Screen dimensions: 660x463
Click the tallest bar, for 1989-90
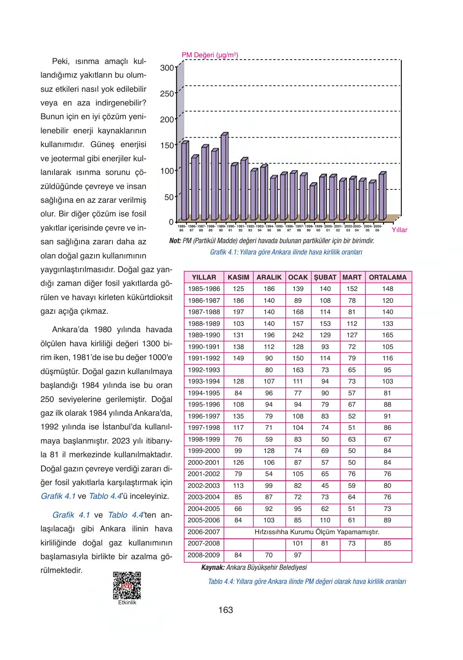coord(224,177)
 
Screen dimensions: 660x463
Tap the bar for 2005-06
coord(382,196)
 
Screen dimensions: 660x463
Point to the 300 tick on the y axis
coord(167,68)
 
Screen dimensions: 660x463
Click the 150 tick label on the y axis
coord(167,145)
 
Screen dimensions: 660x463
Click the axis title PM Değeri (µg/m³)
coord(210,55)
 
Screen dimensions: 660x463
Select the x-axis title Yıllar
coord(399,230)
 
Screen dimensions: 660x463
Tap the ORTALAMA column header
coord(388,277)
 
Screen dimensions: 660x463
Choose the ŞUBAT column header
coord(325,277)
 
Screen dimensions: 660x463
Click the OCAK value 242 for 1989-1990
coord(298,335)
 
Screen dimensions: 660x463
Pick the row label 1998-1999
coord(204,439)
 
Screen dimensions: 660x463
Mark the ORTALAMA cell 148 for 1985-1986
coord(387,289)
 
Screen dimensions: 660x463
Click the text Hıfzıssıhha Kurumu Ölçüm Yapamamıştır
coord(317,532)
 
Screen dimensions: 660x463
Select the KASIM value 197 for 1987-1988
coord(238,312)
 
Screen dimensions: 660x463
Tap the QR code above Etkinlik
coord(127,585)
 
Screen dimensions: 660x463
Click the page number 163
coord(226,610)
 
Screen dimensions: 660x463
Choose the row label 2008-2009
coord(204,555)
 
